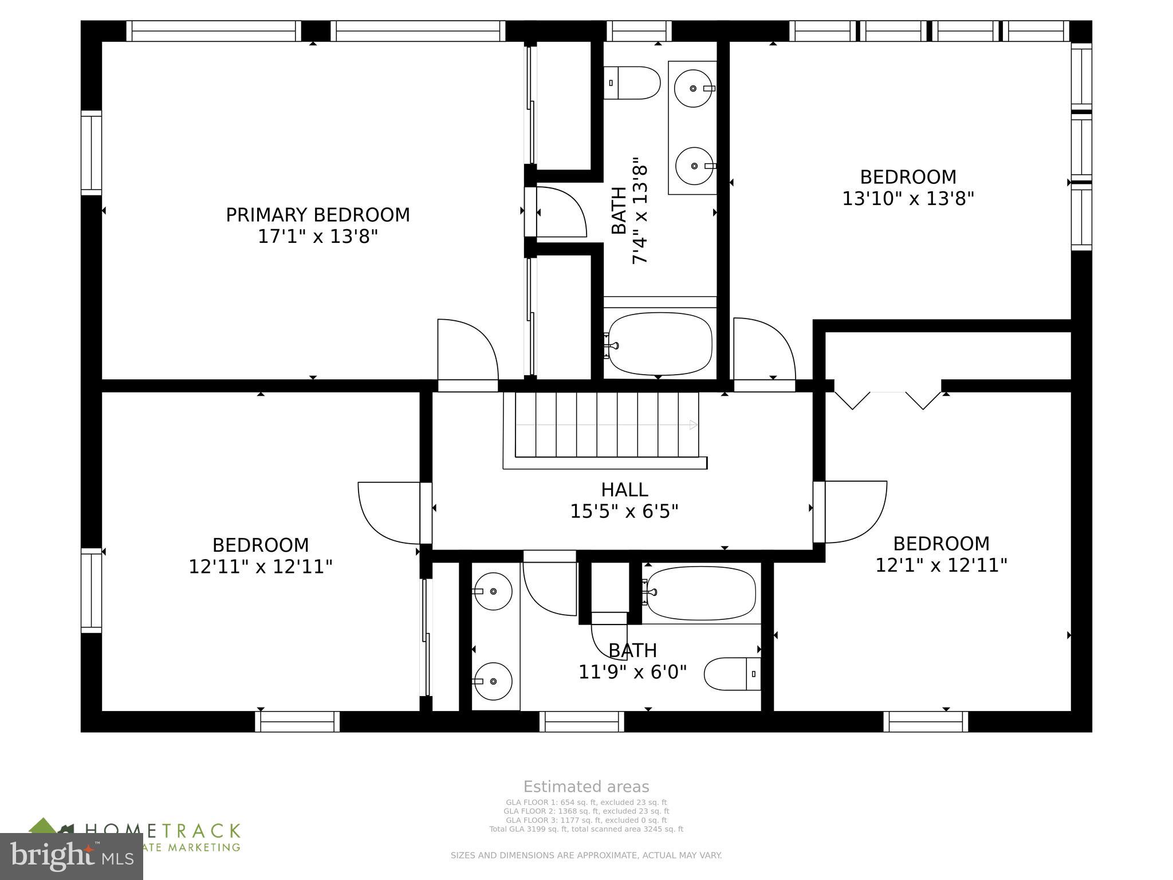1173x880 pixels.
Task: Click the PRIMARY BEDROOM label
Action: pyautogui.click(x=318, y=215)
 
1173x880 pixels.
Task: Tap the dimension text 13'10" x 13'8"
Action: pyautogui.click(x=908, y=199)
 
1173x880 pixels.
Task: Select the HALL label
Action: pyautogui.click(x=624, y=490)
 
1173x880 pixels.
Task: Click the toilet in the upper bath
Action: pyautogui.click(x=632, y=83)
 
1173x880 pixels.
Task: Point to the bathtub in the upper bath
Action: pyautogui.click(x=660, y=344)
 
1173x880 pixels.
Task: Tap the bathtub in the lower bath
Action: pyautogui.click(x=699, y=593)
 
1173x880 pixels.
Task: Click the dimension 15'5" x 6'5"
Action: pyautogui.click(x=624, y=511)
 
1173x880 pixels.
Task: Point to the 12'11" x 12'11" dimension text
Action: pyautogui.click(x=261, y=567)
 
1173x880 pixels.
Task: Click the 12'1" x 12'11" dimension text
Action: pyautogui.click(x=941, y=565)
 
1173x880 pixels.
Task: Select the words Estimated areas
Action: pyautogui.click(x=586, y=787)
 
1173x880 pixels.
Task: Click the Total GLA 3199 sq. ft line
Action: pyautogui.click(x=586, y=829)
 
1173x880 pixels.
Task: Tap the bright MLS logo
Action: pyautogui.click(x=72, y=857)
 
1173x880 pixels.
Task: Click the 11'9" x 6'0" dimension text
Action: pyautogui.click(x=632, y=671)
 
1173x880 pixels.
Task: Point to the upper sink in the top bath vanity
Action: pyautogui.click(x=693, y=89)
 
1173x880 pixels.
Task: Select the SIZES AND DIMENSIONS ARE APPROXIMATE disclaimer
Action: pyautogui.click(x=586, y=855)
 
